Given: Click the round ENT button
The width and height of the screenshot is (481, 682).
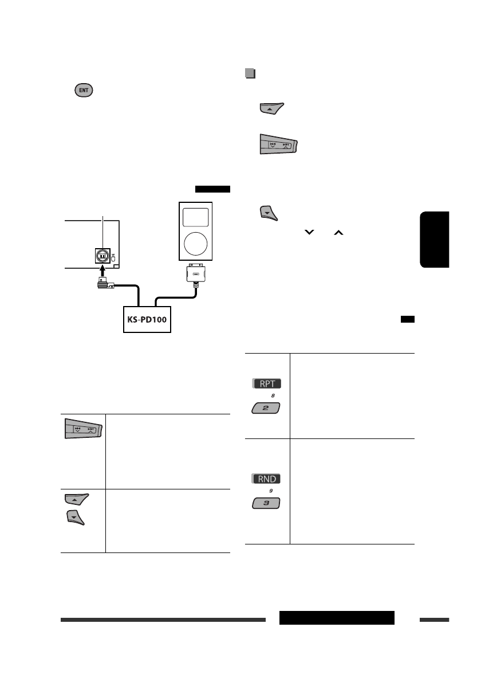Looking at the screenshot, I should tap(84, 91).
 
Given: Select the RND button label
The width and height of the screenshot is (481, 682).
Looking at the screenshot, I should tap(264, 479).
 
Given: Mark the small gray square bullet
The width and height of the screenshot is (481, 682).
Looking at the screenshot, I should tap(249, 73).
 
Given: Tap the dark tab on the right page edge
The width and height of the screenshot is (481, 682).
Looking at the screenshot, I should tap(435, 239).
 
